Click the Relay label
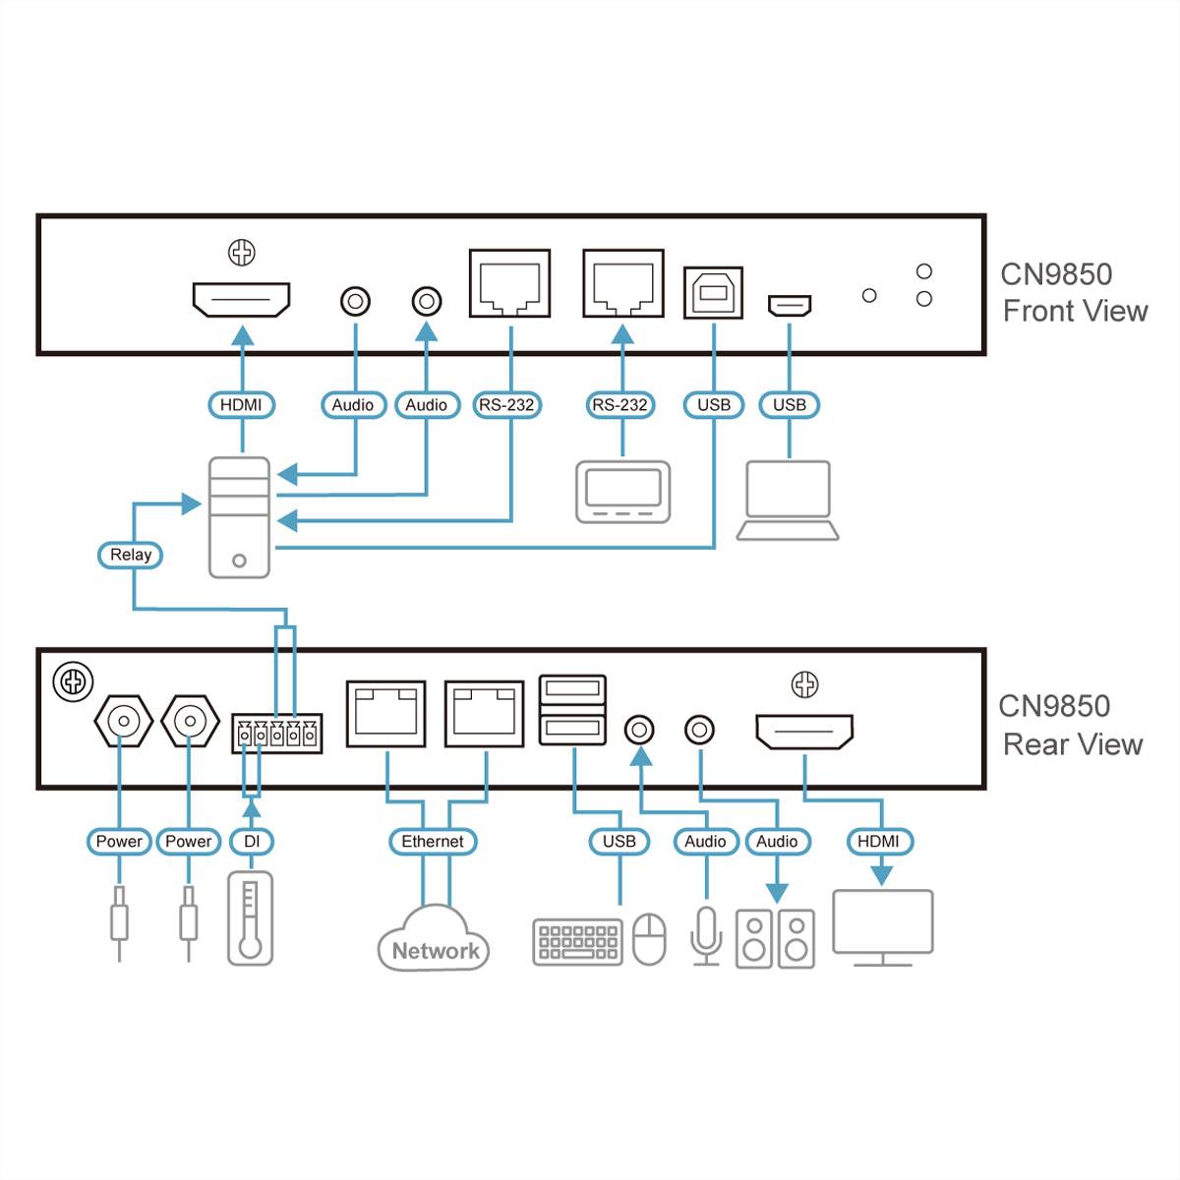pyautogui.click(x=130, y=555)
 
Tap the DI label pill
pyautogui.click(x=252, y=842)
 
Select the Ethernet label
pyautogui.click(x=433, y=842)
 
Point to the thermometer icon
pyautogui.click(x=250, y=917)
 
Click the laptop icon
pyautogui.click(x=788, y=501)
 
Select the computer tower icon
pyautogui.click(x=239, y=517)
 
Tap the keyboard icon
pyautogui.click(x=577, y=941)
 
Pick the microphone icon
pyautogui.click(x=705, y=934)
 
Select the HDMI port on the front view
pyautogui.click(x=241, y=300)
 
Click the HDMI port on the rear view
pyautogui.click(x=804, y=732)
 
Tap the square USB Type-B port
pyautogui.click(x=713, y=293)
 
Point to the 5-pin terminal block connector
pyautogui.click(x=276, y=734)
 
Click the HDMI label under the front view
pyautogui.click(x=241, y=405)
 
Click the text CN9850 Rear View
pyautogui.click(x=1071, y=726)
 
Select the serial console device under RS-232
pyautogui.click(x=622, y=492)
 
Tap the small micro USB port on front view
pyautogui.click(x=789, y=306)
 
